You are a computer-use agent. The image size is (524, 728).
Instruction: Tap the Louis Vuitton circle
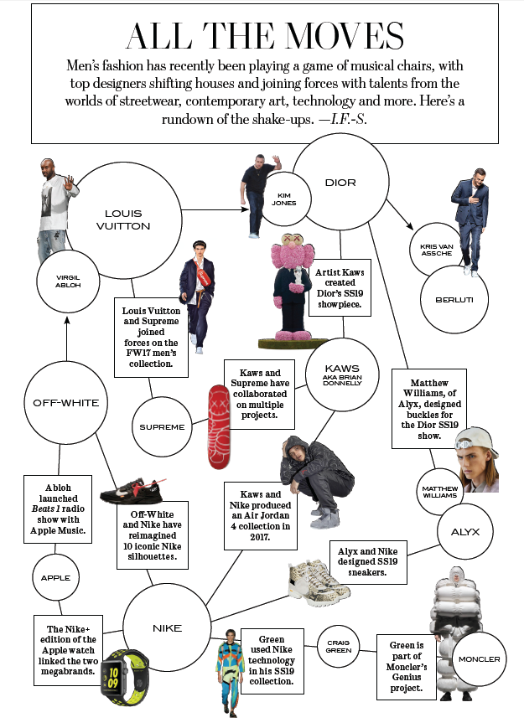click(x=128, y=219)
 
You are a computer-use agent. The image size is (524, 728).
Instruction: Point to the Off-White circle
click(x=65, y=403)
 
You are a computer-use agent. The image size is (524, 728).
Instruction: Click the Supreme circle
click(x=162, y=427)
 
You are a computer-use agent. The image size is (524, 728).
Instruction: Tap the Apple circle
click(x=55, y=577)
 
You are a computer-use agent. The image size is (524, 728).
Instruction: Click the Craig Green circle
click(x=338, y=646)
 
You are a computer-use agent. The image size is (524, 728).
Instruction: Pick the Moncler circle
click(x=479, y=659)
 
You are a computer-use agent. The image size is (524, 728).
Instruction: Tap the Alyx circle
click(x=464, y=531)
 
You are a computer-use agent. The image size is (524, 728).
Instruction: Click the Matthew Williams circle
click(x=440, y=492)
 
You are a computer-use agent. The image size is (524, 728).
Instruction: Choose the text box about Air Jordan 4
click(x=258, y=511)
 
